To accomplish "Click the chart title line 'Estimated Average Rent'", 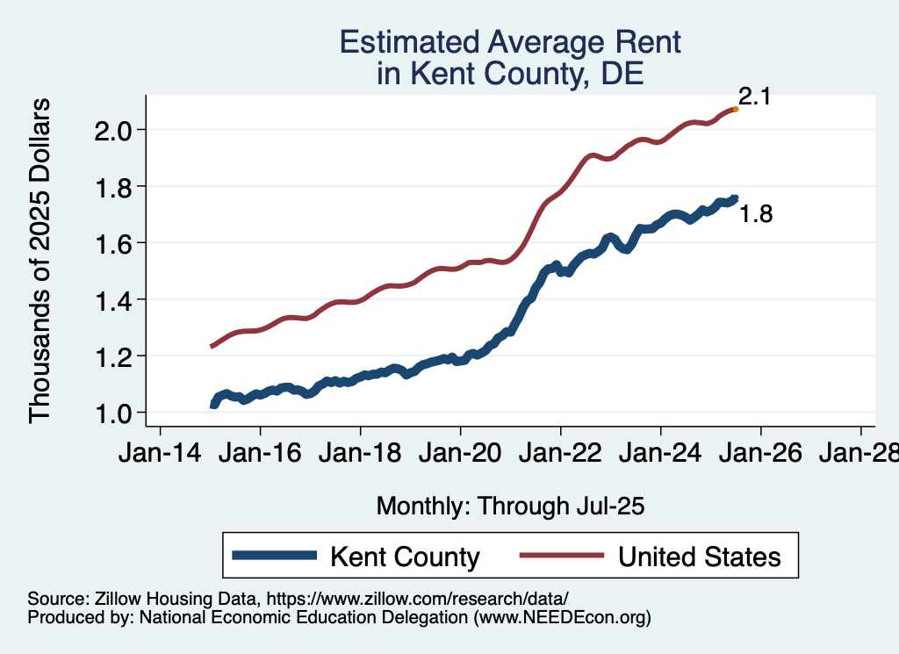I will [x=510, y=42].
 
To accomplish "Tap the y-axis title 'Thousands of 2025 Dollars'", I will [x=40, y=261].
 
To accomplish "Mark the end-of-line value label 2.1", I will [x=754, y=97].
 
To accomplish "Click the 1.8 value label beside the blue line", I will [x=756, y=213].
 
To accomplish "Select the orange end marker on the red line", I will [x=735, y=109].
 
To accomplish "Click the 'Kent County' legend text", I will [x=405, y=557].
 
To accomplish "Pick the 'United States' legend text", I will [x=699, y=557].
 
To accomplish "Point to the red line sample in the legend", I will [x=563, y=556].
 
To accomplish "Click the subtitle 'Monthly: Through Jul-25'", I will [x=510, y=507].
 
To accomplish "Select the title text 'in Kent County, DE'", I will [x=510, y=75].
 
